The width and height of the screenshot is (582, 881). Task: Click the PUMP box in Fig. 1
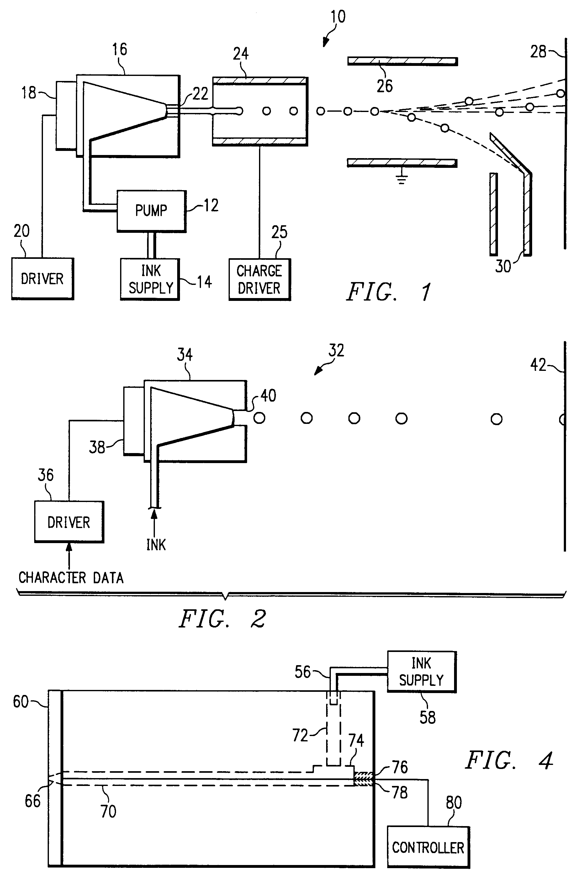tap(151, 211)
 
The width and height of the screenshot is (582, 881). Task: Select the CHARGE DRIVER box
tap(259, 279)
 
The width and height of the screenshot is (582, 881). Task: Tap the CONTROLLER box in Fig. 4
tap(428, 847)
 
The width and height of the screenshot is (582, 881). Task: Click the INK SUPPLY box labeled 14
tap(150, 279)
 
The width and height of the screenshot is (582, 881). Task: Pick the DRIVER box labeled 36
tap(69, 522)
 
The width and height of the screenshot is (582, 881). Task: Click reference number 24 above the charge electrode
tap(241, 54)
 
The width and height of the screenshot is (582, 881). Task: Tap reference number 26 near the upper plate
tap(384, 86)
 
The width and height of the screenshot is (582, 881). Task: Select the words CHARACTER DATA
tap(71, 578)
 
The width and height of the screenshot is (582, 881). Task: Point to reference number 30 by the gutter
tap(503, 266)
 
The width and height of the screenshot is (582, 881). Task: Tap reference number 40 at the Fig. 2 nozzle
tap(268, 396)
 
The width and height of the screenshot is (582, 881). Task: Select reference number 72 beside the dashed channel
tap(300, 735)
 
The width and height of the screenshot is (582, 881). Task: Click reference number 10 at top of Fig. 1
tap(338, 17)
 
